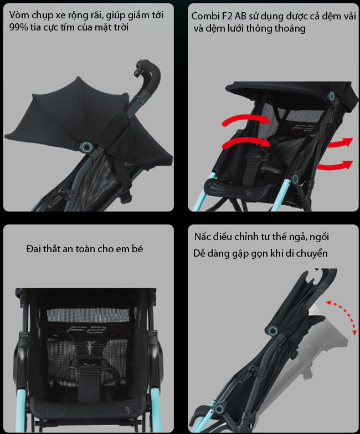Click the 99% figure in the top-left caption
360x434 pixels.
tap(18, 27)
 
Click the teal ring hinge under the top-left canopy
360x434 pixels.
tap(86, 146)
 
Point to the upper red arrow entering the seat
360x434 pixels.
tap(246, 119)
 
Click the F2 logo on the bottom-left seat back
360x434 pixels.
tap(86, 330)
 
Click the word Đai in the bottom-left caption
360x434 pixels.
tap(34, 249)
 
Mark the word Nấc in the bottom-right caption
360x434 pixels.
tap(203, 237)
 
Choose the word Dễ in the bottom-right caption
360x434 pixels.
tap(199, 253)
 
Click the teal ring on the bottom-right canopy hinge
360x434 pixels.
tap(273, 330)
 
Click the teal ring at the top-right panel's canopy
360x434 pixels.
tap(331, 96)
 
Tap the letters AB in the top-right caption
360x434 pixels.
tap(240, 16)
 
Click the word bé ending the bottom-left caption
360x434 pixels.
tap(137, 249)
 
